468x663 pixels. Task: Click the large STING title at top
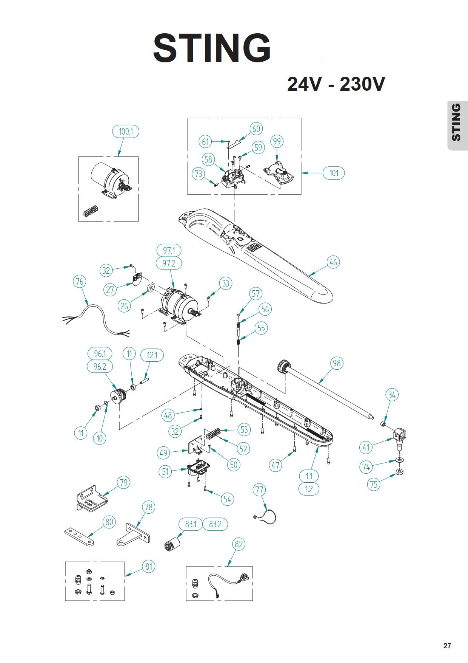point(212,48)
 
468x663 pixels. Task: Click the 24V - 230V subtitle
point(336,84)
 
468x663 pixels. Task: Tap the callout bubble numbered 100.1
point(126,132)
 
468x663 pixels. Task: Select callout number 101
point(334,173)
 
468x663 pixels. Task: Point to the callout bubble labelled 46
point(333,262)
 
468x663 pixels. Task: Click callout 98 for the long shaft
point(337,363)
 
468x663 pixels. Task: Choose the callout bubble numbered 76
point(79,282)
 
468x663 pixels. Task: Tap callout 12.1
point(152,355)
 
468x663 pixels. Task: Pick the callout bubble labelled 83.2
point(215,524)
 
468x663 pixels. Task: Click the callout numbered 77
point(259,490)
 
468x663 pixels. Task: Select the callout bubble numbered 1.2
point(309,489)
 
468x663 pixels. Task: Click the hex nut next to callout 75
point(400,472)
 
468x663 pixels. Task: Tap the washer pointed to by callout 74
point(399,460)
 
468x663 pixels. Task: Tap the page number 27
point(447,646)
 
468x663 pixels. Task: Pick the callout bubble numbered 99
point(277,141)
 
